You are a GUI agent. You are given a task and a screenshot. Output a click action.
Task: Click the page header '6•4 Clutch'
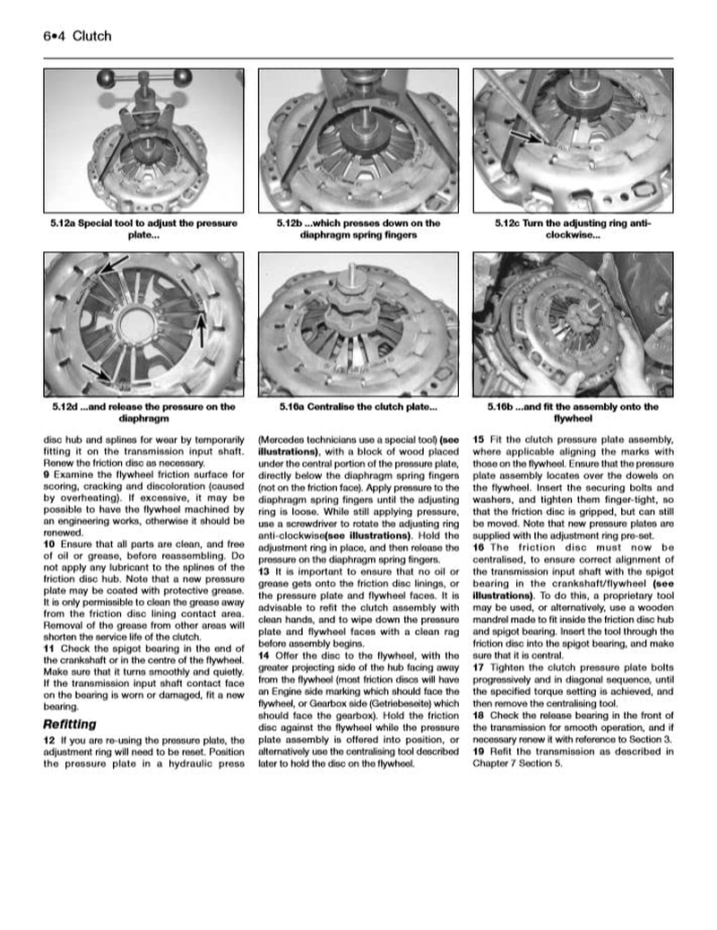click(x=76, y=36)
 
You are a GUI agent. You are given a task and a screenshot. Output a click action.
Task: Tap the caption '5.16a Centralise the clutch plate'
click(x=358, y=406)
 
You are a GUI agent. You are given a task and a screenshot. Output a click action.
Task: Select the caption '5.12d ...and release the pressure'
click(x=144, y=412)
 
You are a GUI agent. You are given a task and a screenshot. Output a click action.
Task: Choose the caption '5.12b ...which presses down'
click(x=358, y=229)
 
